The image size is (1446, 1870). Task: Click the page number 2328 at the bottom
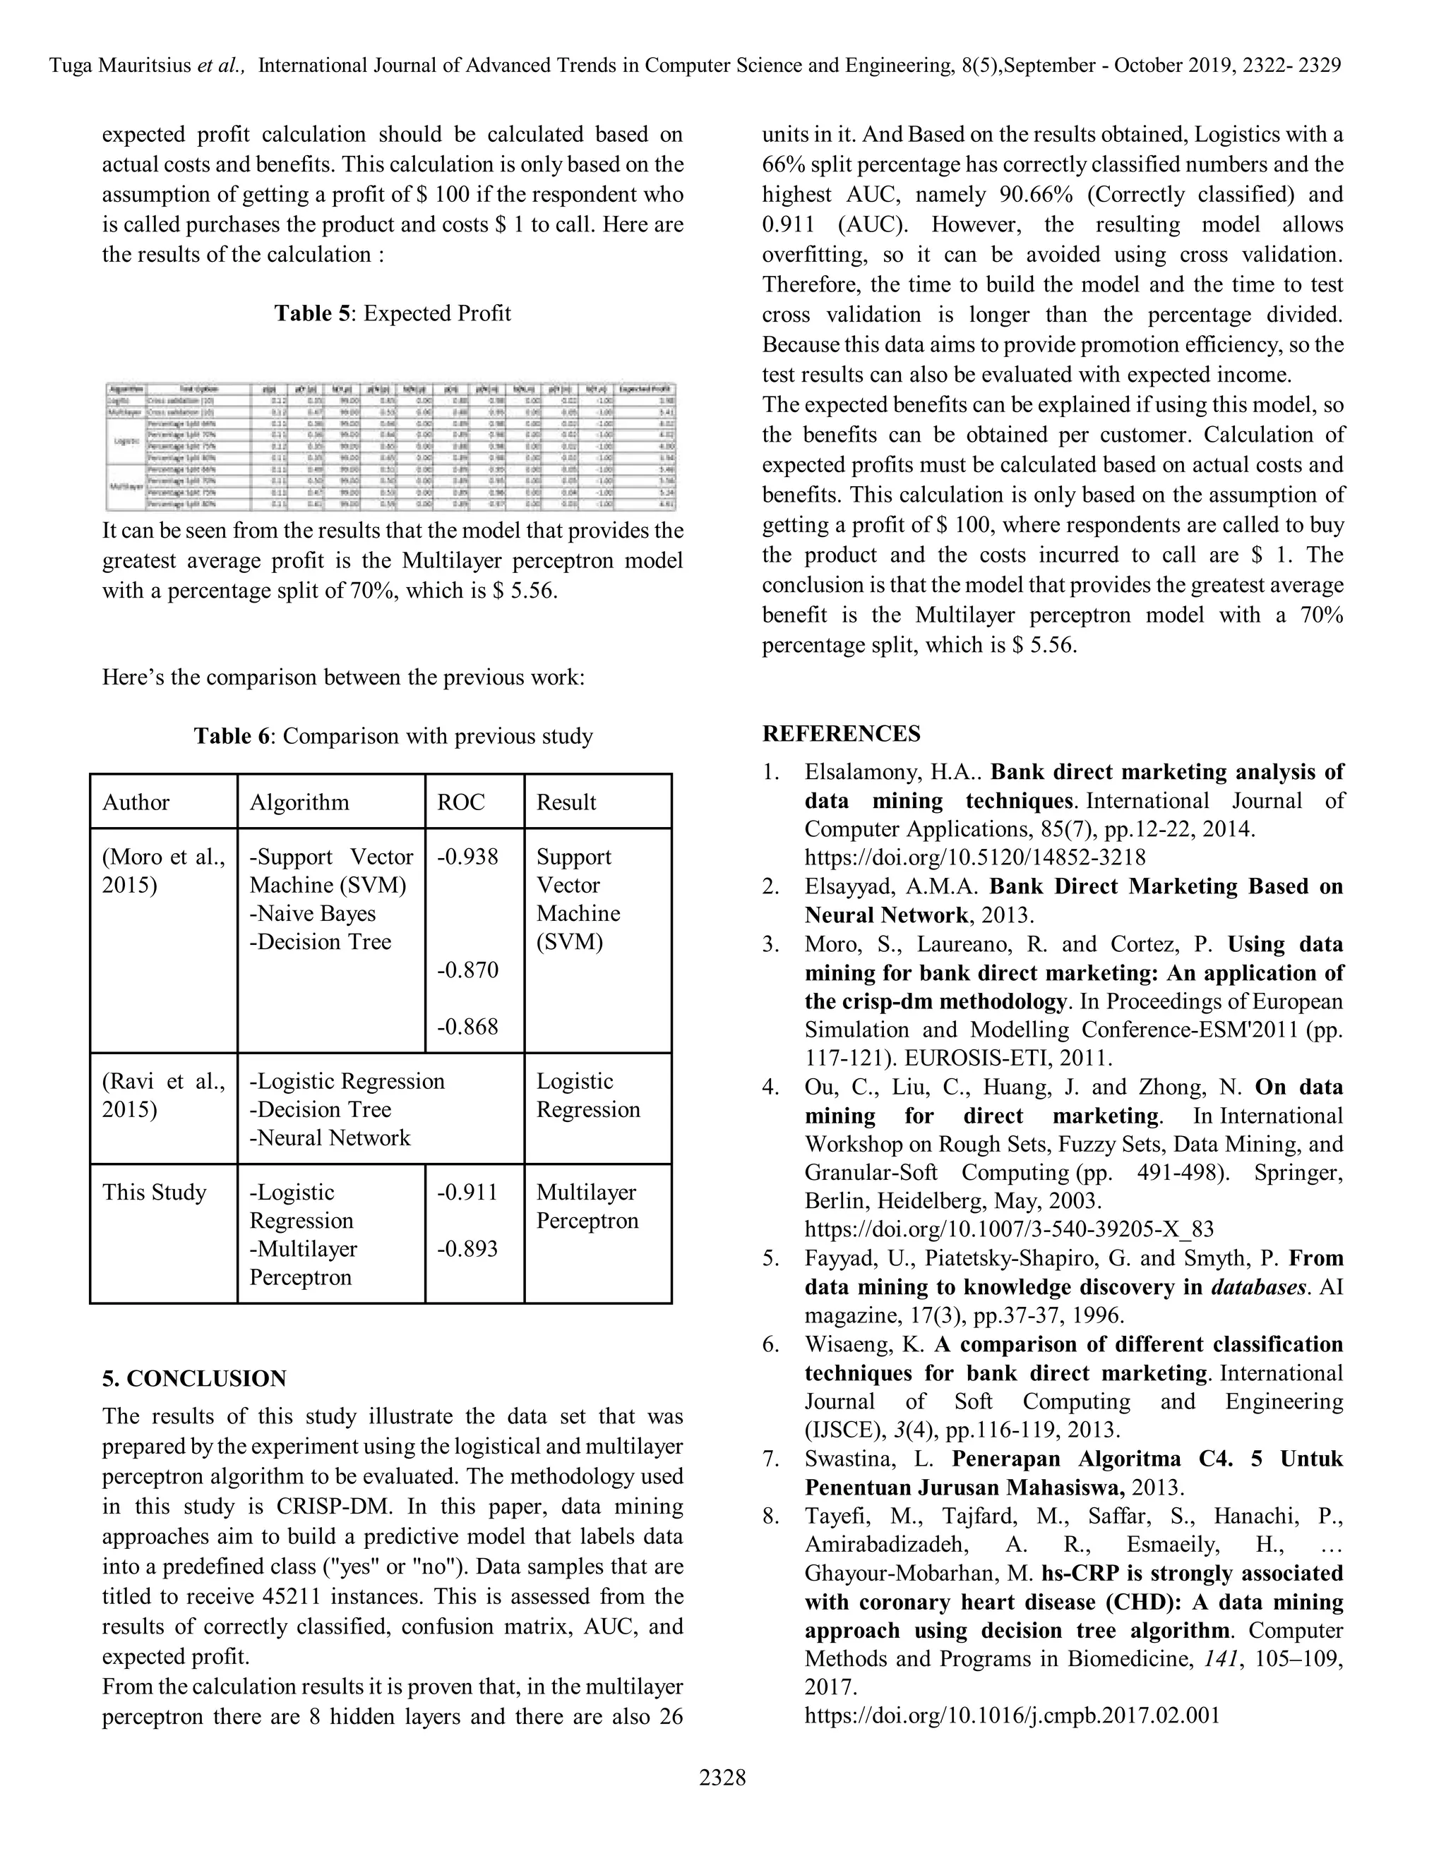point(722,1778)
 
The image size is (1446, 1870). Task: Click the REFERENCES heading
point(841,734)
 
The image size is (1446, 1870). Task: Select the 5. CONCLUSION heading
point(194,1379)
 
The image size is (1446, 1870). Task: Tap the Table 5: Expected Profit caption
point(393,313)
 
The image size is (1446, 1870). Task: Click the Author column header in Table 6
point(136,802)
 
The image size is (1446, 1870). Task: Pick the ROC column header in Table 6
point(461,802)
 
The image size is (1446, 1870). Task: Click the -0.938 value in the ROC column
point(467,857)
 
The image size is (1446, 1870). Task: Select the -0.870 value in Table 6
point(467,970)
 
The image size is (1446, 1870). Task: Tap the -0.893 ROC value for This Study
point(467,1248)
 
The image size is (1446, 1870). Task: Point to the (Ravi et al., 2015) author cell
point(163,1095)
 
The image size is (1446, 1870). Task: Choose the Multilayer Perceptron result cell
point(587,1207)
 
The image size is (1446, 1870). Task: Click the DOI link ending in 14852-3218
point(975,858)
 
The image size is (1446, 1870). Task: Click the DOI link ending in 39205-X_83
point(1009,1229)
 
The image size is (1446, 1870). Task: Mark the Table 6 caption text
point(393,736)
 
